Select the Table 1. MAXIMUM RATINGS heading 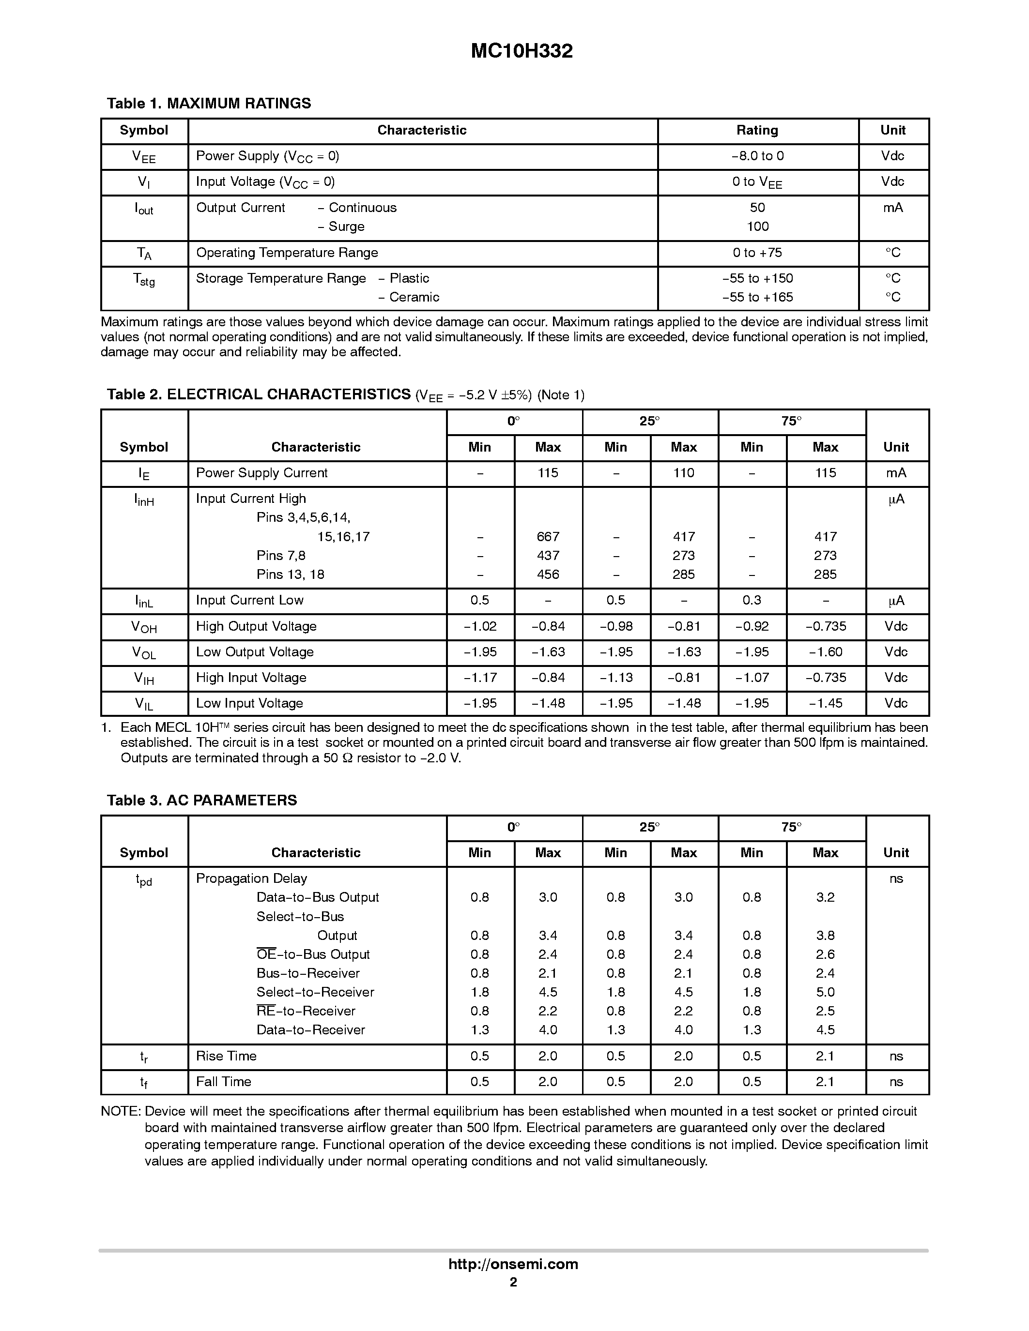(x=209, y=104)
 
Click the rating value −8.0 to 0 (x=757, y=156)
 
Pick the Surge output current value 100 (x=757, y=227)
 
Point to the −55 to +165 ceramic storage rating (x=757, y=297)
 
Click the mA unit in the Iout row (x=892, y=208)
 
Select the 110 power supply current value (x=683, y=473)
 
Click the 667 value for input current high (x=547, y=537)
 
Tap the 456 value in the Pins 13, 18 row (x=547, y=575)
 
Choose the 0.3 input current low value (x=752, y=600)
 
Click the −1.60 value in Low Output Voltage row (x=826, y=652)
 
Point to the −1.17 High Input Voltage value (x=480, y=678)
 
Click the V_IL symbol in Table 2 (x=144, y=704)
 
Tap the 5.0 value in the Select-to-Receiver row (x=826, y=992)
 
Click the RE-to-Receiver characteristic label (x=306, y=1011)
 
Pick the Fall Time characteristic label (x=223, y=1082)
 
